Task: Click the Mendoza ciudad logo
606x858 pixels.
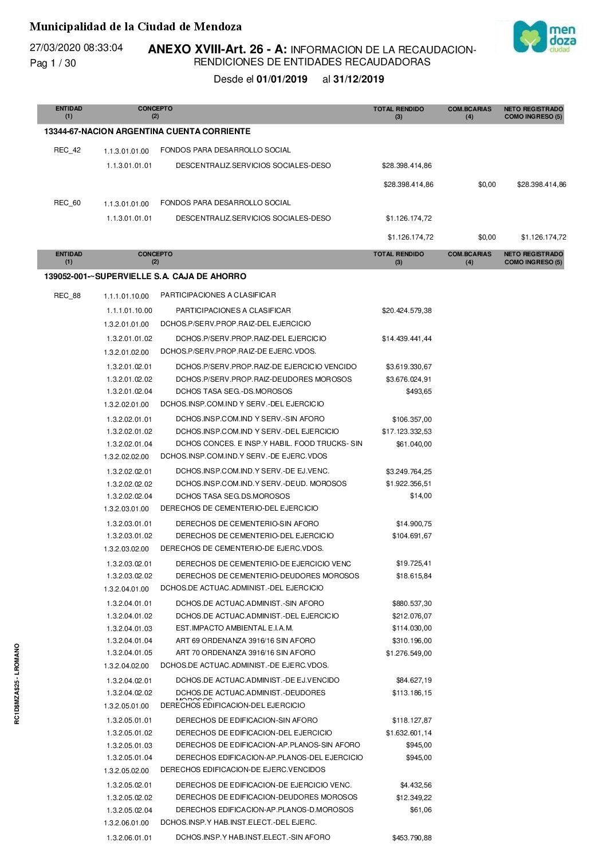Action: tap(544, 37)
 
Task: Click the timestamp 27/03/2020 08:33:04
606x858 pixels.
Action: tap(76, 48)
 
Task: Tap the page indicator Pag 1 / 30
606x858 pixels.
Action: tap(53, 63)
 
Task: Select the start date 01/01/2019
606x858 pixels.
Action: tap(282, 80)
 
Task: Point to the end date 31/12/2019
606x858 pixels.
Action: tap(359, 80)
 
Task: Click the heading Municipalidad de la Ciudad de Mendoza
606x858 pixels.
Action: tap(135, 26)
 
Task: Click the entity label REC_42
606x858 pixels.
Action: tap(67, 150)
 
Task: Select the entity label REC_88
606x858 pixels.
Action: tap(67, 296)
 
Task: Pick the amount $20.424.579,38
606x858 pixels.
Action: tap(407, 311)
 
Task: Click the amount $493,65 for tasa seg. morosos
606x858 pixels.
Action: tap(419, 391)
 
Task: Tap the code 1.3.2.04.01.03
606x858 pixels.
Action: tap(129, 628)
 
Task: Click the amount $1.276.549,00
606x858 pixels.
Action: tap(409, 653)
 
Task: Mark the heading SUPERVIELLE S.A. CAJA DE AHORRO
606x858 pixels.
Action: tap(170, 276)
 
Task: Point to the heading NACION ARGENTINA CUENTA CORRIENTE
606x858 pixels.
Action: tap(166, 131)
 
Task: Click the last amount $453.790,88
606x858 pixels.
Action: tap(412, 838)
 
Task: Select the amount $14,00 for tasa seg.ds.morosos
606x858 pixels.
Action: tap(420, 496)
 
